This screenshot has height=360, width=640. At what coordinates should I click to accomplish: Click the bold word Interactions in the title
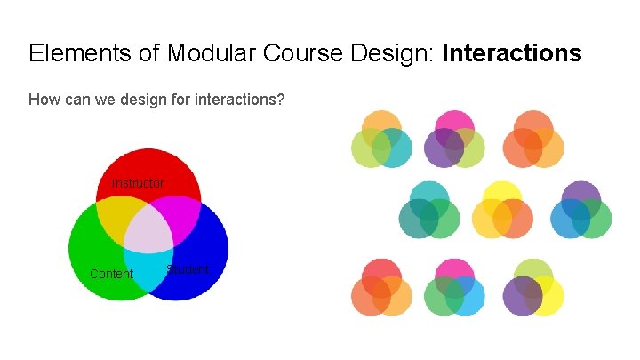(x=511, y=53)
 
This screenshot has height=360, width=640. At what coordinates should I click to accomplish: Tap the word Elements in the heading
(x=73, y=53)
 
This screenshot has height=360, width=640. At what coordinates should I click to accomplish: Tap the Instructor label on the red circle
(x=138, y=183)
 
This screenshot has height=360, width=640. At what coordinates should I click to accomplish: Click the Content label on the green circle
(x=111, y=274)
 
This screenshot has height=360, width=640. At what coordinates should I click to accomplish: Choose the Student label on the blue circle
(x=188, y=269)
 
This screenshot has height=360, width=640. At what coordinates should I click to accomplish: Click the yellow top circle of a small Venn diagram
(x=502, y=193)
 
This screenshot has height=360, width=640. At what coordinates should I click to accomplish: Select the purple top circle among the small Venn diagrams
(x=581, y=193)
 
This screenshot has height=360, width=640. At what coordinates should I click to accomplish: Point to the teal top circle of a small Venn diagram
(x=429, y=193)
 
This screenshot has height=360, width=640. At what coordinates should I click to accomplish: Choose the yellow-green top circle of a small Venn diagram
(x=534, y=269)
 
